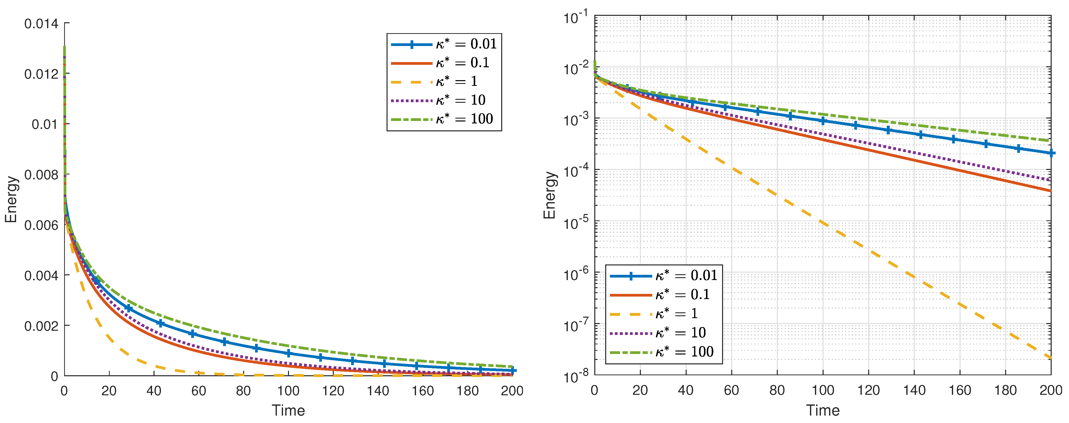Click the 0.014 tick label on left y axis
pyautogui.click(x=41, y=24)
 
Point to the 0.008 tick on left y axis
pyautogui.click(x=41, y=175)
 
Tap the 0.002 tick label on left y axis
pyautogui.click(x=41, y=326)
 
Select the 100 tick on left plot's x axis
pyautogui.click(x=288, y=391)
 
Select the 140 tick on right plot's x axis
pyautogui.click(x=914, y=390)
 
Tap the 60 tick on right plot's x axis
pyautogui.click(x=731, y=390)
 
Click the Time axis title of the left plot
pyautogui.click(x=288, y=411)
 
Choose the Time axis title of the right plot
pyautogui.click(x=823, y=411)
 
